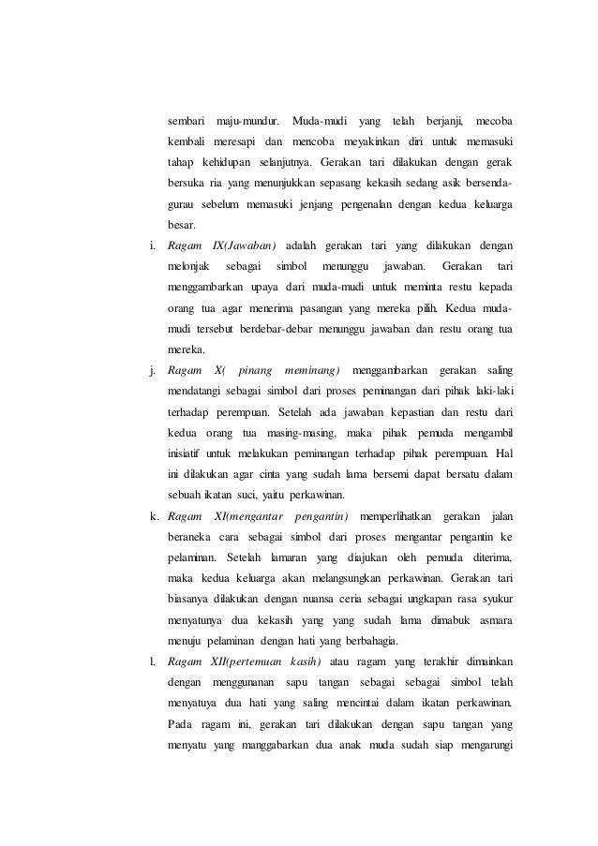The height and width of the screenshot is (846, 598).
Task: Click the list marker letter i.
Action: tap(152, 245)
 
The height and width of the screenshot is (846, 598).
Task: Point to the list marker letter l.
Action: tap(152, 665)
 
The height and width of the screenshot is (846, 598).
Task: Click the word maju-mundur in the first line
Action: tap(247, 122)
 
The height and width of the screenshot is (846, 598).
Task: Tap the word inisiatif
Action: tap(187, 452)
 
